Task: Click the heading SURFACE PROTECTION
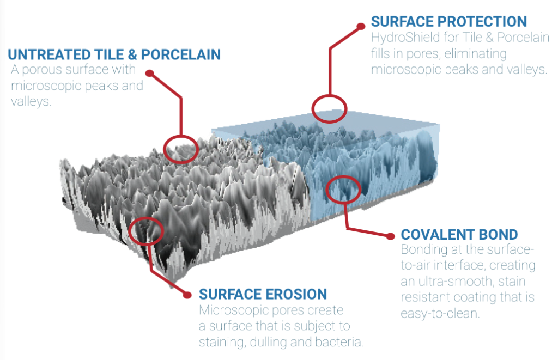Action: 449,21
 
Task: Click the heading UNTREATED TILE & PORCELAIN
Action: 114,54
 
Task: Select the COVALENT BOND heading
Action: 459,234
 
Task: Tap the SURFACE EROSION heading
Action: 263,294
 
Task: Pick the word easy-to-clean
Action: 440,313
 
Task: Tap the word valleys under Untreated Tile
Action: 31,102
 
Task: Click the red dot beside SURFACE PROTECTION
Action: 361,26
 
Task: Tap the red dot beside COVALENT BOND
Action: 390,236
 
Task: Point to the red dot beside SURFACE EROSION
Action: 187,295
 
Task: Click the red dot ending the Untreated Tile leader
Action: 150,74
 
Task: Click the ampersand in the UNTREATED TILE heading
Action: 132,54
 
